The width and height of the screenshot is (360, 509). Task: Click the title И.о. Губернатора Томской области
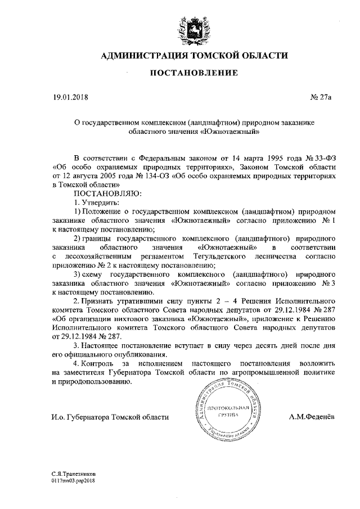102,417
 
